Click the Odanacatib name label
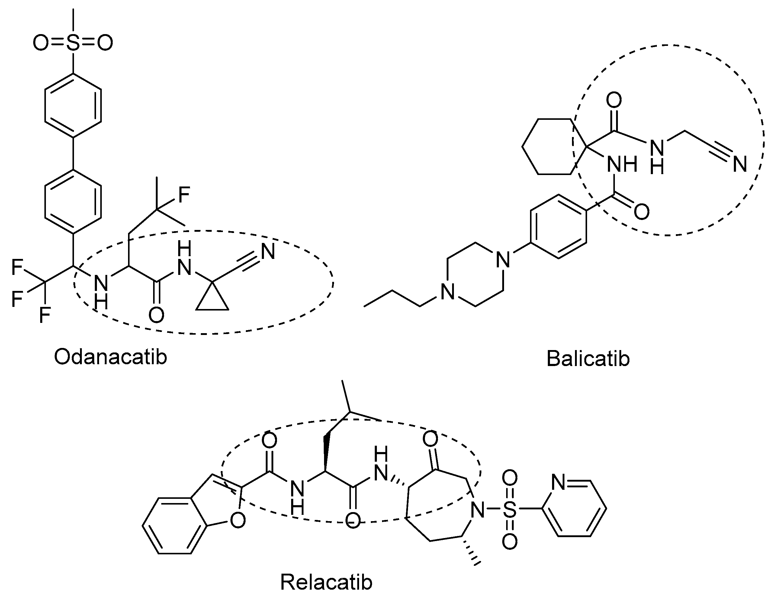(110, 357)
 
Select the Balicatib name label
(588, 358)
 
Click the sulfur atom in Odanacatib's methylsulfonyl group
(73, 43)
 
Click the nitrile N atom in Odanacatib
(268, 252)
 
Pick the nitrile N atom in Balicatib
(740, 164)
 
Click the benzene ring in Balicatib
(558, 227)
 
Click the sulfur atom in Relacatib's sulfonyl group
(510, 509)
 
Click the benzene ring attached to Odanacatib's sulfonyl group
(73, 106)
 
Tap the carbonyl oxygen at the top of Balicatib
(614, 100)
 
